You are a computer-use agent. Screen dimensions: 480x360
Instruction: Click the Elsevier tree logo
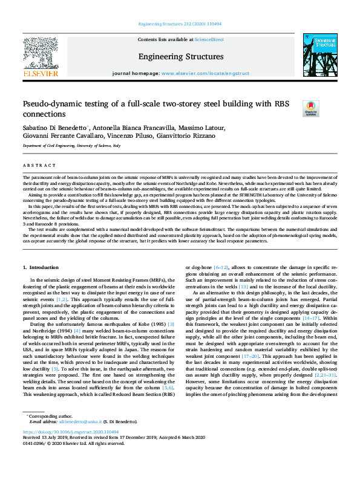click(40, 53)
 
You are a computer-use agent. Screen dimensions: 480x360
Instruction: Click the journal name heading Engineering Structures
click(180, 56)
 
